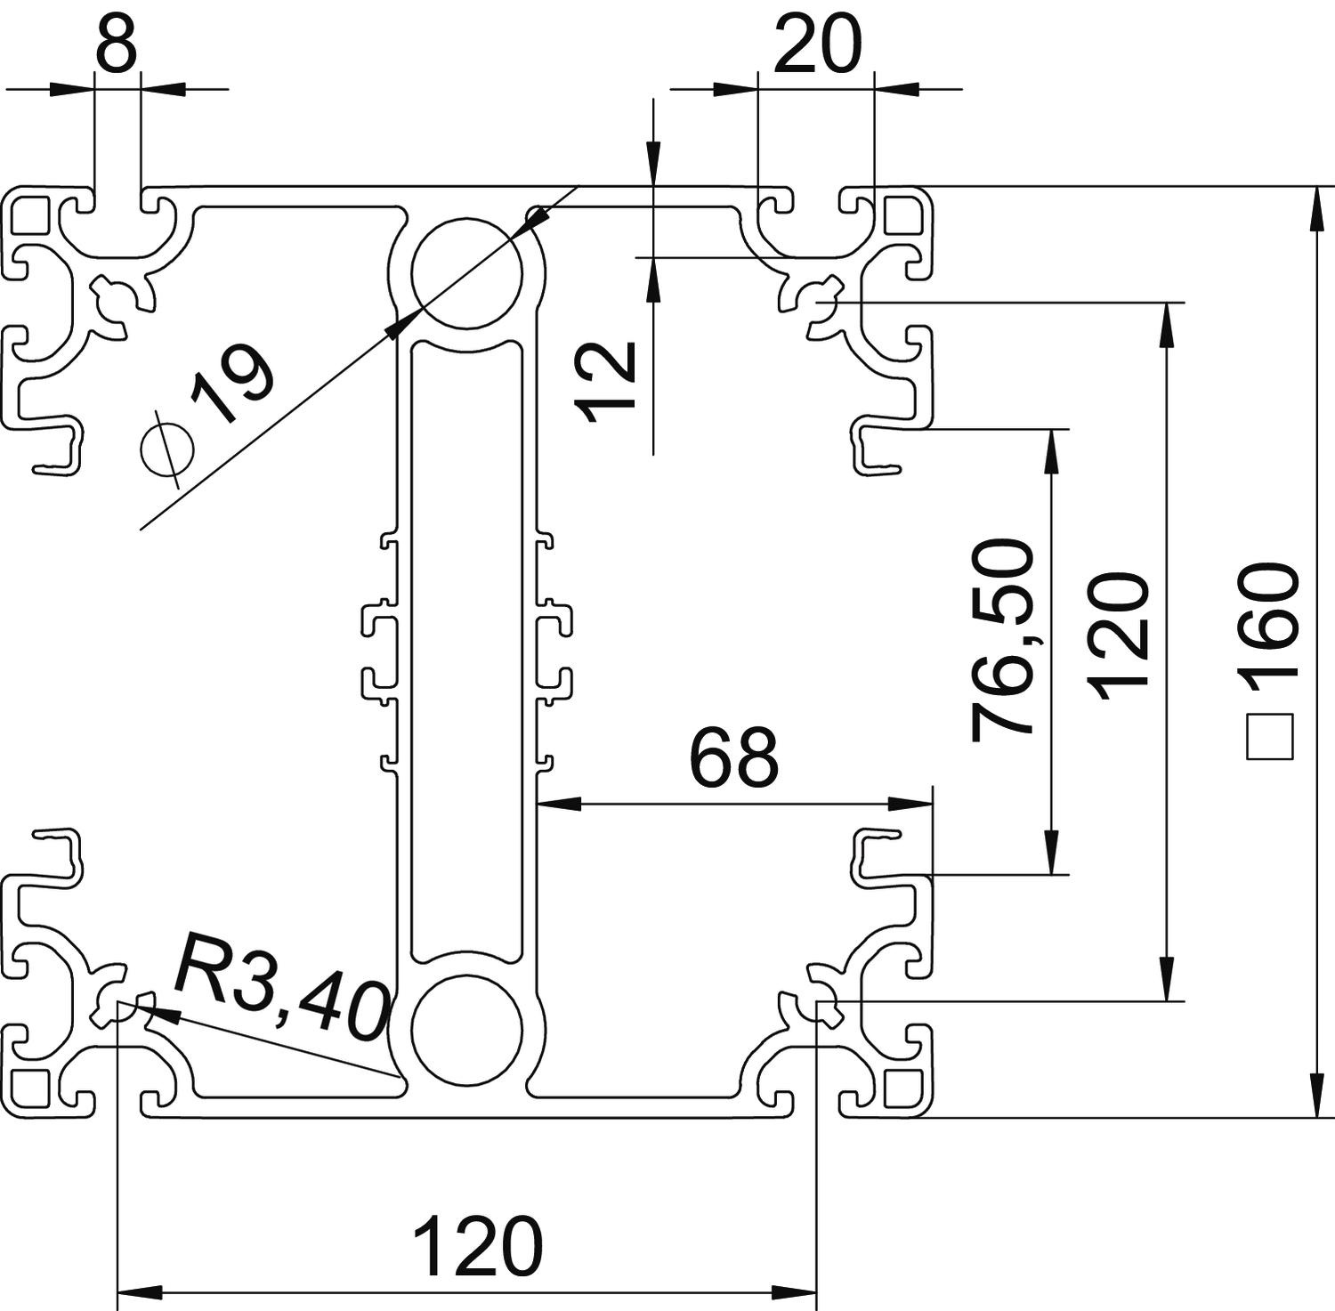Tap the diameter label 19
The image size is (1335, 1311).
click(231, 387)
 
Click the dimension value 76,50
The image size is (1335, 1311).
click(1004, 640)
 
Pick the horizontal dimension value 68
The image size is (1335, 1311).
click(734, 758)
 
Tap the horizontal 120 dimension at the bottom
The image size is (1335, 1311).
click(478, 1247)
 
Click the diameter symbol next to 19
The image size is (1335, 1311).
click(167, 449)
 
